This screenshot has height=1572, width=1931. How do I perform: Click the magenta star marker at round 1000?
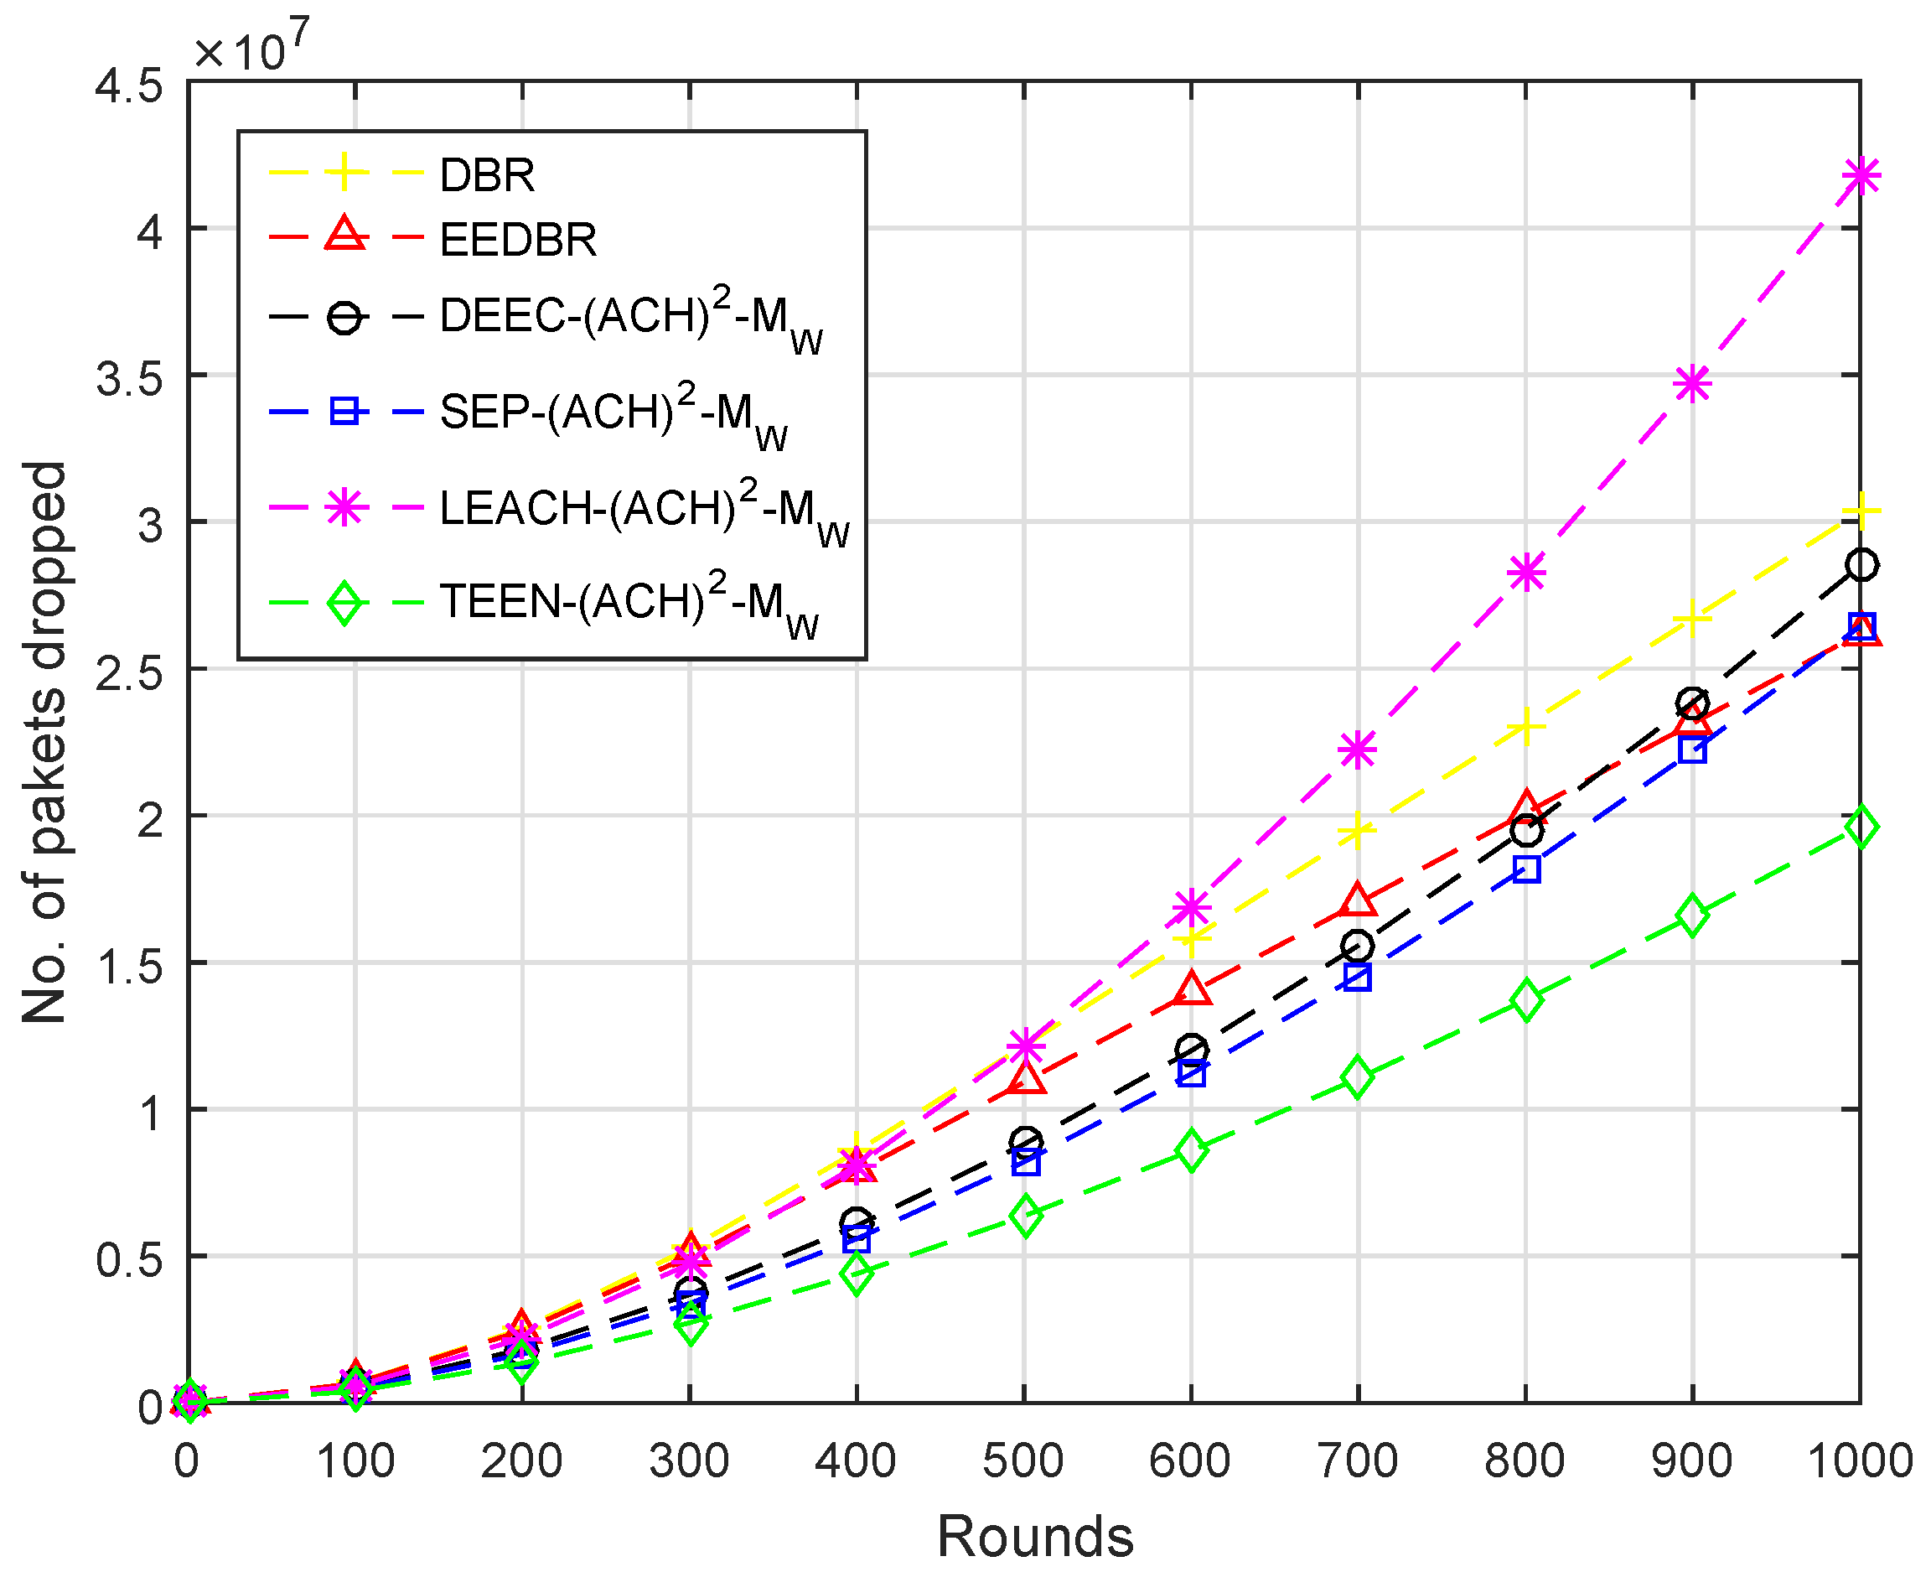coord(1860,174)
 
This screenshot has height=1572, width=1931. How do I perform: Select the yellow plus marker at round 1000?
coord(1860,512)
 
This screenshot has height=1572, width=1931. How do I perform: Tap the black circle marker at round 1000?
coord(1860,565)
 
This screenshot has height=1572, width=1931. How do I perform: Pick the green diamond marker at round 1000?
coord(1860,827)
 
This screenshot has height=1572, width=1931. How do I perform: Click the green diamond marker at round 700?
coord(1356,1077)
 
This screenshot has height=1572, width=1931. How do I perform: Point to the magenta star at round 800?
coord(1525,573)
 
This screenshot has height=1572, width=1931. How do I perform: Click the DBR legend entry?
coord(487,174)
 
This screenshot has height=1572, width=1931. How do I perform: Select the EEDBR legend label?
coord(518,240)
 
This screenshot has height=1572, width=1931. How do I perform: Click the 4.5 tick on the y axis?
coord(128,86)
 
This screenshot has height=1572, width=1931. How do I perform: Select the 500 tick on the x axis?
coord(1023,1460)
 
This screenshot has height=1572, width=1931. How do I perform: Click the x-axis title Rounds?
coord(1035,1536)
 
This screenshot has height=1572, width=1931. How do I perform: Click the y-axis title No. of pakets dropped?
coord(45,743)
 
